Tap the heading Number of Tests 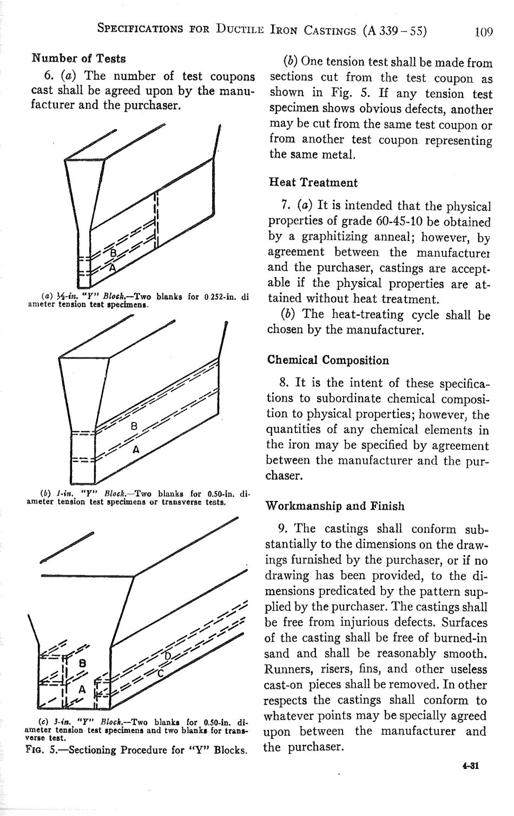(x=79, y=58)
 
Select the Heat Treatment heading (x=313, y=182)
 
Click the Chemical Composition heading (x=328, y=360)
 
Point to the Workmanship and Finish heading (x=335, y=506)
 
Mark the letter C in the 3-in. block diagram (x=161, y=673)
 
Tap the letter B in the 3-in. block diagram (x=82, y=662)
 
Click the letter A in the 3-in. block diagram (x=82, y=689)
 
